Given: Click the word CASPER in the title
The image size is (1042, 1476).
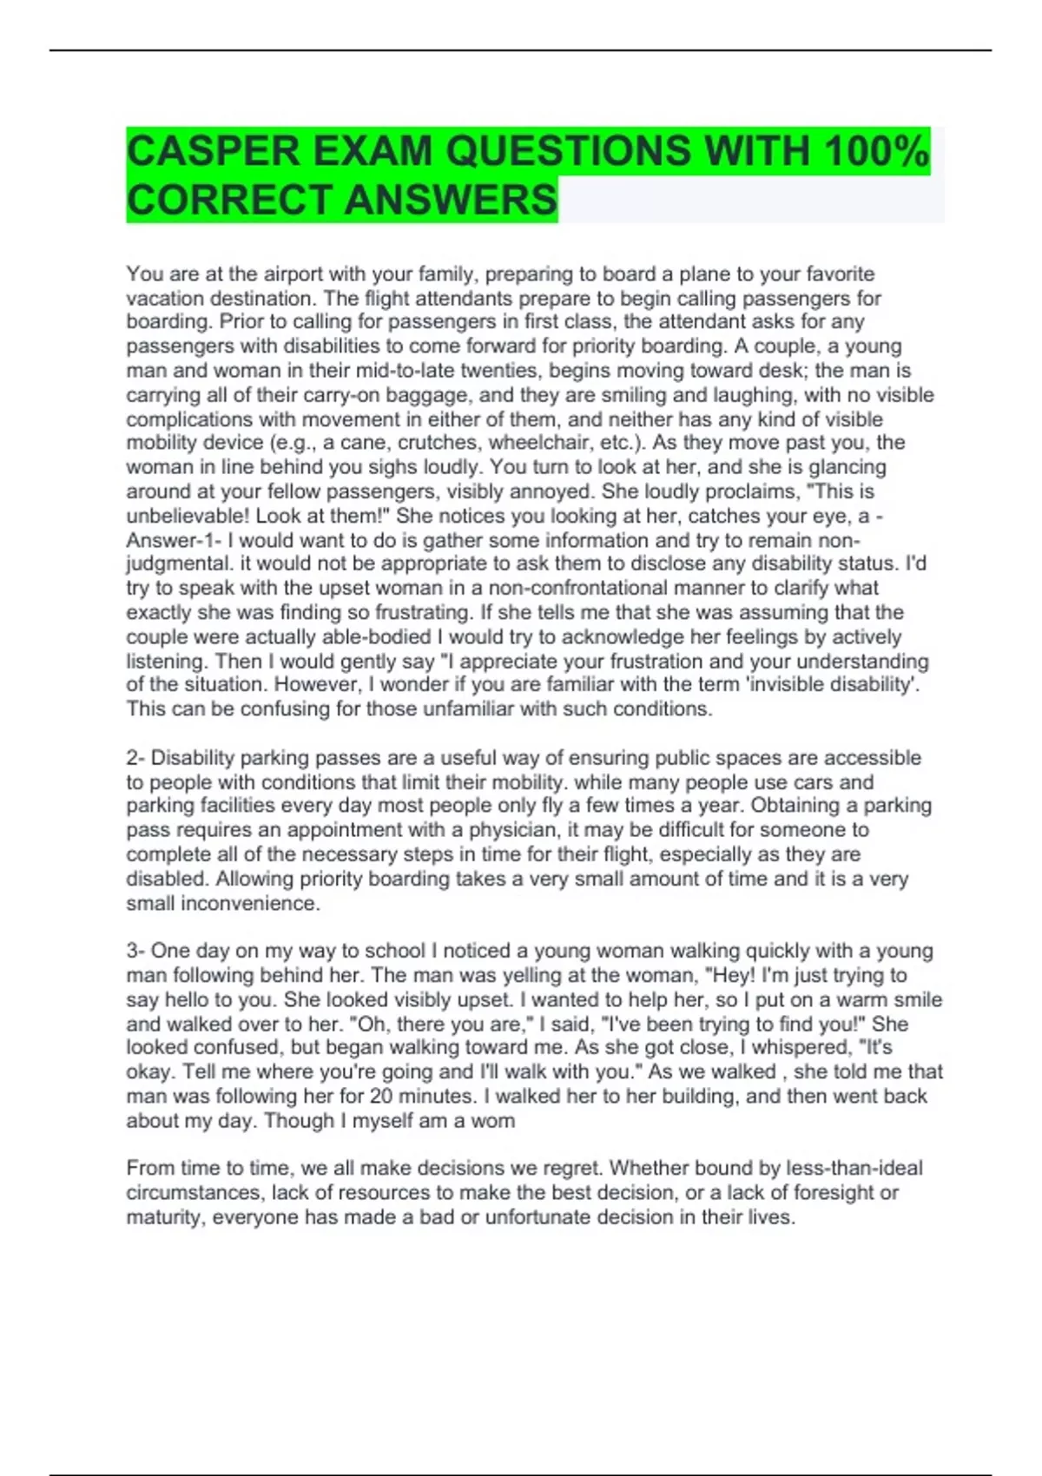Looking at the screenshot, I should (x=213, y=151).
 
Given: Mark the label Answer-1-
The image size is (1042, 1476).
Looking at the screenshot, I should (x=174, y=540).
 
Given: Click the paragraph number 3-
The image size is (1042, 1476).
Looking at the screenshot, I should (x=137, y=951).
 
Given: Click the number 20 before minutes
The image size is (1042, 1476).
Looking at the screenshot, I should (x=383, y=1097).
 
